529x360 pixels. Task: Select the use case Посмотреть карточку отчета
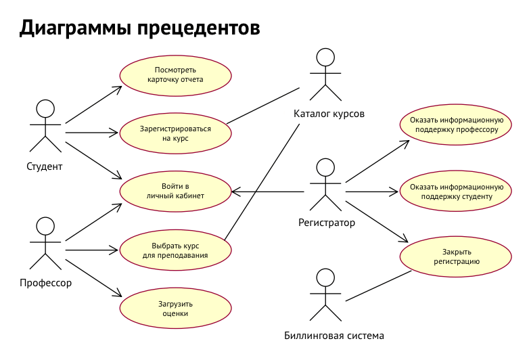point(175,74)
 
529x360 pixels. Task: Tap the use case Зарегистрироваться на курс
point(175,133)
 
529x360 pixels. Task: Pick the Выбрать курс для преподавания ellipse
point(175,250)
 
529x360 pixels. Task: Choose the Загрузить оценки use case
point(175,309)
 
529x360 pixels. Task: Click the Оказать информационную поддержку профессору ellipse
point(454,124)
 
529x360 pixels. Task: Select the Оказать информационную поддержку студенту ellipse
point(454,192)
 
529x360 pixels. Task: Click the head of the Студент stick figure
point(45,108)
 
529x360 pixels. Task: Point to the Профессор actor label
point(45,283)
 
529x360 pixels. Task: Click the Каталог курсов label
point(329,114)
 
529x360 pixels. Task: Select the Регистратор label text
point(326,222)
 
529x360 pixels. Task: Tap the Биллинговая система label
point(333,336)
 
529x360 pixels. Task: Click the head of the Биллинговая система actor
point(326,277)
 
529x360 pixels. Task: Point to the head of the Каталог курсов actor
point(326,58)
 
